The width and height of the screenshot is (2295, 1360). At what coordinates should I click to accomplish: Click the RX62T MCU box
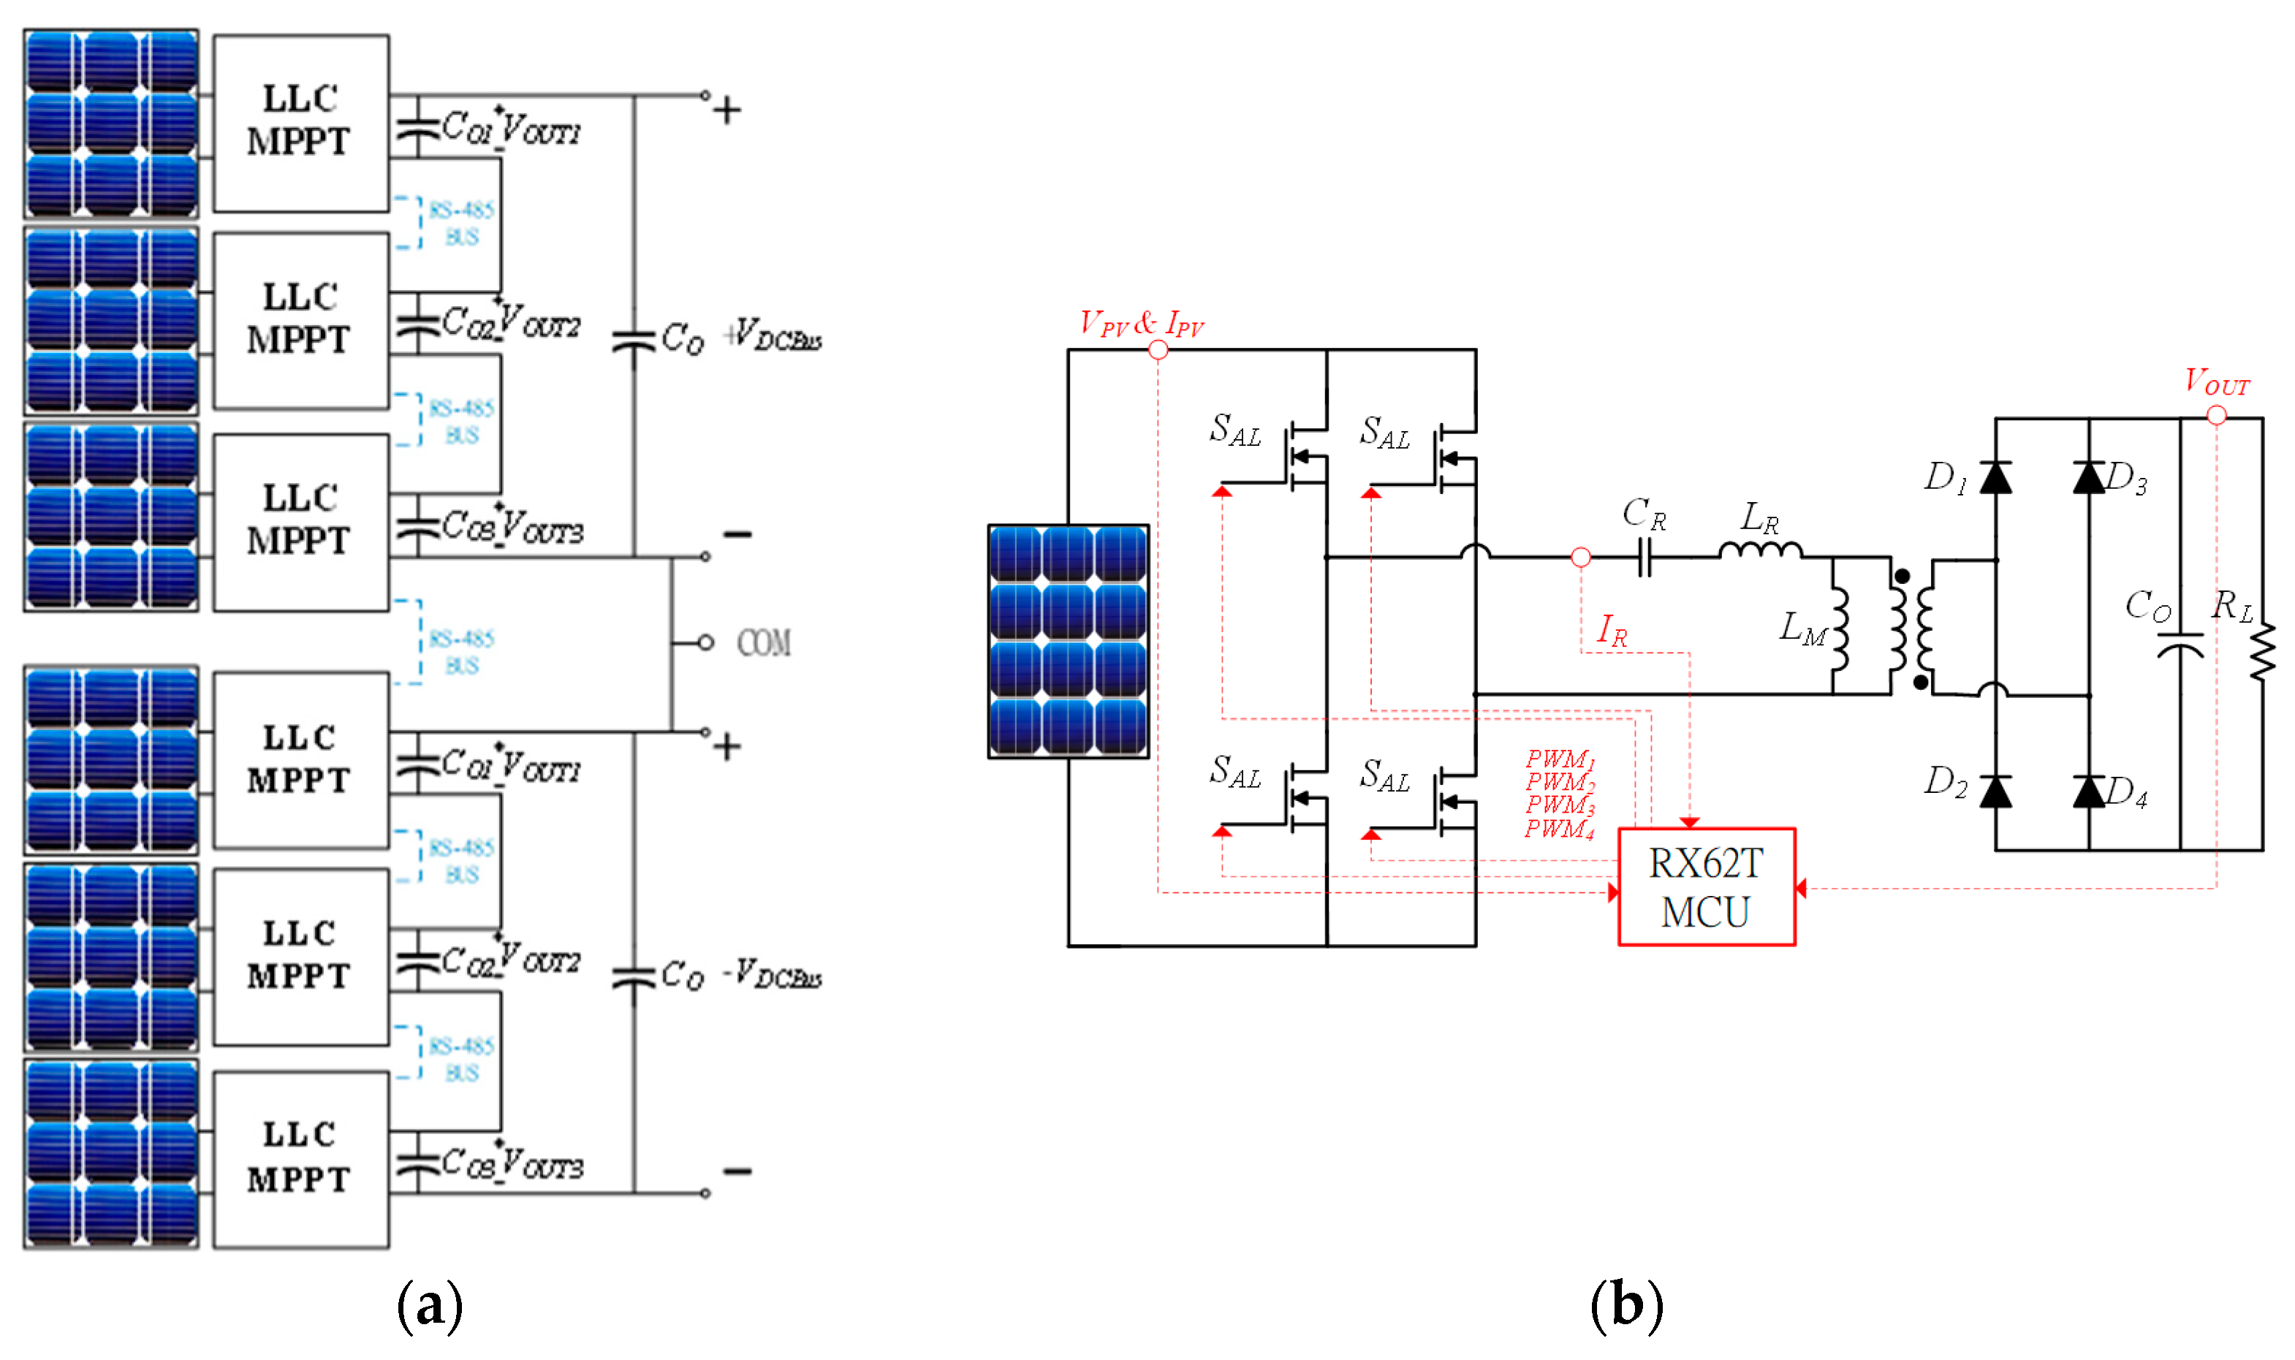pyautogui.click(x=1706, y=886)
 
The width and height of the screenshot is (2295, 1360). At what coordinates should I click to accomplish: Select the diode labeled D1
pyautogui.click(x=1995, y=477)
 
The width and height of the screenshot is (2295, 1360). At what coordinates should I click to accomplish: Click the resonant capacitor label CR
pyautogui.click(x=1643, y=514)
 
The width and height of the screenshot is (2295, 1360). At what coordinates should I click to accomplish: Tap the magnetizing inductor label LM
pyautogui.click(x=1802, y=628)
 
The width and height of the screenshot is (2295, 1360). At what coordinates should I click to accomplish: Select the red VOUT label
pyautogui.click(x=2215, y=381)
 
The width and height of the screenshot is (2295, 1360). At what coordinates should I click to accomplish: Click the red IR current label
pyautogui.click(x=1612, y=630)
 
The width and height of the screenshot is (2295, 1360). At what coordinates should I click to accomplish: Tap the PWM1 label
pyautogui.click(x=1559, y=759)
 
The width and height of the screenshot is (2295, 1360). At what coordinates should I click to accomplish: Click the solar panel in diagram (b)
pyautogui.click(x=1068, y=641)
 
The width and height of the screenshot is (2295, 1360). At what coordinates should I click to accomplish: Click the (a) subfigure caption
pyautogui.click(x=429, y=1305)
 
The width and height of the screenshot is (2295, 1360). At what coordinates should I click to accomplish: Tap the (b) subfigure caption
pyautogui.click(x=1626, y=1305)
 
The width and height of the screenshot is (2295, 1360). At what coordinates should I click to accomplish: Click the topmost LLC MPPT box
pyautogui.click(x=300, y=123)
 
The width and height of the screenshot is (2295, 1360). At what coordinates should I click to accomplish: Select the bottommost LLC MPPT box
pyautogui.click(x=300, y=1158)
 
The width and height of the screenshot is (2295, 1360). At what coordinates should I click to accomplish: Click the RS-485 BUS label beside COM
pyautogui.click(x=461, y=652)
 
